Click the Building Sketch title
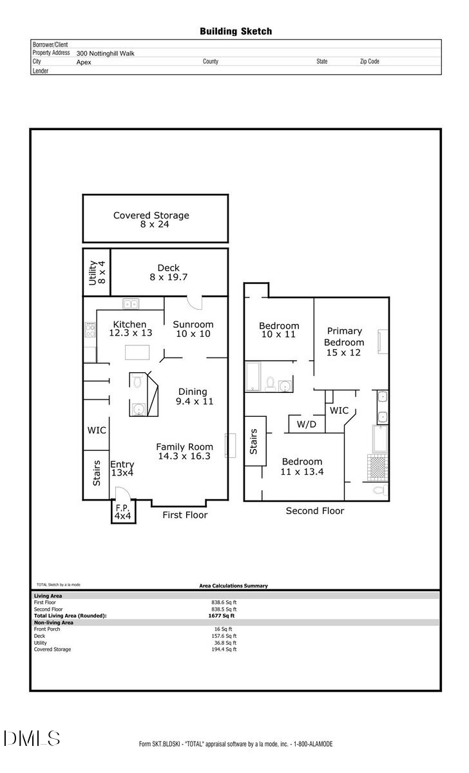[x=236, y=31]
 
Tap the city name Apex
[x=84, y=62]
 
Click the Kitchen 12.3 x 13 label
[x=130, y=329]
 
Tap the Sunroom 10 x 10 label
[x=193, y=329]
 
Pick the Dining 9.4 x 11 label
[x=193, y=396]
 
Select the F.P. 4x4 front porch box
[x=123, y=512]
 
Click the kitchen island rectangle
[x=137, y=352]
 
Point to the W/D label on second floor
[x=306, y=425]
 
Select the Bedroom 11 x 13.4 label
[x=301, y=466]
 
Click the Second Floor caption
[x=315, y=511]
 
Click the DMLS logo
[x=32, y=738]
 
